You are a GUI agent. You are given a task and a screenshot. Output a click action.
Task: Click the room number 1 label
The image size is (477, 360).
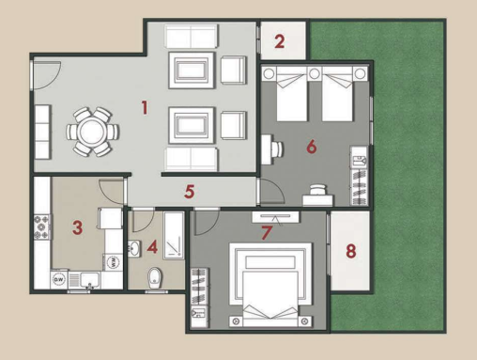(x=145, y=107)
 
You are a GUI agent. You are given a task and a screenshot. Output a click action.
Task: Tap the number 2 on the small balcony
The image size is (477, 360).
(x=280, y=41)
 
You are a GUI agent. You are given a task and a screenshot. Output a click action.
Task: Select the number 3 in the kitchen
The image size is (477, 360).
(x=77, y=227)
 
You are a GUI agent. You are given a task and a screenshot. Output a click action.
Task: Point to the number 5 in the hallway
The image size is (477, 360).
(x=190, y=192)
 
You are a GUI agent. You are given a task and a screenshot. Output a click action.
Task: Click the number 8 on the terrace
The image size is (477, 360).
(x=351, y=251)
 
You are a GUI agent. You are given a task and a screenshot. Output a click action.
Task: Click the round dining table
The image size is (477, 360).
(x=92, y=132)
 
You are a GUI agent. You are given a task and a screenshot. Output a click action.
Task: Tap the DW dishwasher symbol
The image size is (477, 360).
(x=59, y=280)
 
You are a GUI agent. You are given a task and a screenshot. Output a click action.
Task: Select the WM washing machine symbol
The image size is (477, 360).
(x=114, y=262)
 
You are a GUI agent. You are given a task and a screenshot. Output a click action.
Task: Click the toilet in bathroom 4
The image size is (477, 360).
(x=155, y=277)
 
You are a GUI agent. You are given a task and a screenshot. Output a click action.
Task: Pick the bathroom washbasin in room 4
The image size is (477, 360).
(x=134, y=249)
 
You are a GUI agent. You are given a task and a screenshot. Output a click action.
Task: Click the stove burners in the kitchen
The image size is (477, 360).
(x=42, y=227)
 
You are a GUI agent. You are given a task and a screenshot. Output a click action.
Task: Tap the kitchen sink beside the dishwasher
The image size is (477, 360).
(x=90, y=280)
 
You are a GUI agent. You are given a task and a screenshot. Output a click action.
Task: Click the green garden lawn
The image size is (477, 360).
(x=407, y=157)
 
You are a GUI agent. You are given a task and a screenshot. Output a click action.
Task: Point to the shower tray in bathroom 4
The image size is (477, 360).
(x=174, y=235)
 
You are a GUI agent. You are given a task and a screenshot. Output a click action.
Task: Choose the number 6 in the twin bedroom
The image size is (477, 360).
(x=312, y=147)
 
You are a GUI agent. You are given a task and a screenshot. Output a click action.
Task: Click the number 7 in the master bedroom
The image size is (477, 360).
(x=267, y=233)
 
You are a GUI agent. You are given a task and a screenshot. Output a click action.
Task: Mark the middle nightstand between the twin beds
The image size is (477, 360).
(x=315, y=74)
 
